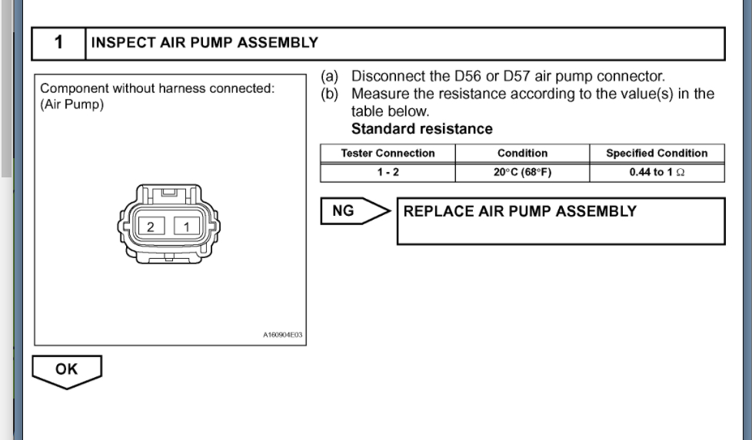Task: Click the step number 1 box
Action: point(58,44)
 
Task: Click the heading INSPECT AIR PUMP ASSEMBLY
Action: point(205,43)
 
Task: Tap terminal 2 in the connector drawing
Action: point(151,226)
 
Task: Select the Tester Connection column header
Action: point(388,153)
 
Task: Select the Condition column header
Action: point(522,153)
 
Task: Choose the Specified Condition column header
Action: point(657,153)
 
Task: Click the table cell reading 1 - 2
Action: point(388,172)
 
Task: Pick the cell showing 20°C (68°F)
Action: point(522,172)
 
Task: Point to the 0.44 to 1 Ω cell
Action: point(657,172)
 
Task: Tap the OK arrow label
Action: point(66,369)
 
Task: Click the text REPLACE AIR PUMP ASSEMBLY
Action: point(520,211)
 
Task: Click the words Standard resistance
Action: point(421,129)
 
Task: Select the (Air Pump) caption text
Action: point(72,104)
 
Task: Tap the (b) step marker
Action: point(330,94)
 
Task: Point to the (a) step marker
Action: point(330,77)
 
